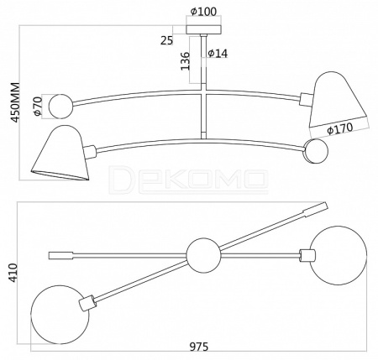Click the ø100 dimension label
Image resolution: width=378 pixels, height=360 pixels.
point(203,11)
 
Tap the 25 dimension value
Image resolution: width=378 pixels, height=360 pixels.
point(166,40)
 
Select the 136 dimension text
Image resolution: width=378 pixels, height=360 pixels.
point(185,60)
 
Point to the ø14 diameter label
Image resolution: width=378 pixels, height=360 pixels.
point(218,53)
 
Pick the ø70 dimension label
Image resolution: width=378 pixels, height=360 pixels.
point(37,106)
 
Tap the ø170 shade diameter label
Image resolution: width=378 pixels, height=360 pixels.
point(340,128)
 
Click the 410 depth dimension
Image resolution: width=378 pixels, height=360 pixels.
point(13,273)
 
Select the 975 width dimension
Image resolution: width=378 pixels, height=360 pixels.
point(199,347)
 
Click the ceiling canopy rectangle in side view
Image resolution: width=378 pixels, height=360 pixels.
point(204,29)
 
